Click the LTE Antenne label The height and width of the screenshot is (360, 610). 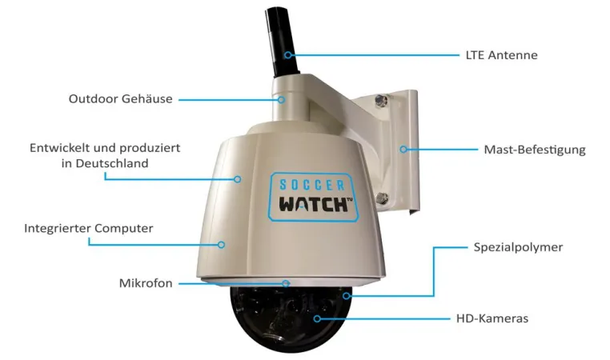tap(501, 55)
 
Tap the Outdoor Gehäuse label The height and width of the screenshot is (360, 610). tap(121, 98)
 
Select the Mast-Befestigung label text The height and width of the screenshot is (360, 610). tap(535, 150)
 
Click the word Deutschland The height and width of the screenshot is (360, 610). tap(112, 163)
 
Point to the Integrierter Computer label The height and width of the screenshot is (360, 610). tap(89, 228)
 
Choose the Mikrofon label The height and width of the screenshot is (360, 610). tap(146, 283)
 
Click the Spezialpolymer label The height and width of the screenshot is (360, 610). tap(518, 248)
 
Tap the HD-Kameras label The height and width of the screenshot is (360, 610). tap(492, 318)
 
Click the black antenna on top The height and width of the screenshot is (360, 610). tap(282, 42)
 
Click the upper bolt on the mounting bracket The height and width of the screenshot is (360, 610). tap(381, 101)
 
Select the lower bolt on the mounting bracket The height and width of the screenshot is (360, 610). tap(382, 198)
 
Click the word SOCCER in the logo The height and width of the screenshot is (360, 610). tap(312, 185)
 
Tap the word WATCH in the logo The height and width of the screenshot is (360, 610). tap(314, 205)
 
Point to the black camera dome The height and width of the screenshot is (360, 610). tap(291, 318)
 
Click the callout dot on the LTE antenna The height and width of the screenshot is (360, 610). tap(288, 55)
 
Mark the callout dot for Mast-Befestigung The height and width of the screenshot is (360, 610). tap(403, 150)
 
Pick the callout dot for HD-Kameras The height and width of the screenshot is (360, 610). tap(318, 318)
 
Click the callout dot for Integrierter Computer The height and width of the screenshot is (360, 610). tap(222, 245)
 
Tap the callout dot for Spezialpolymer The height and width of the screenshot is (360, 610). tap(347, 296)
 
